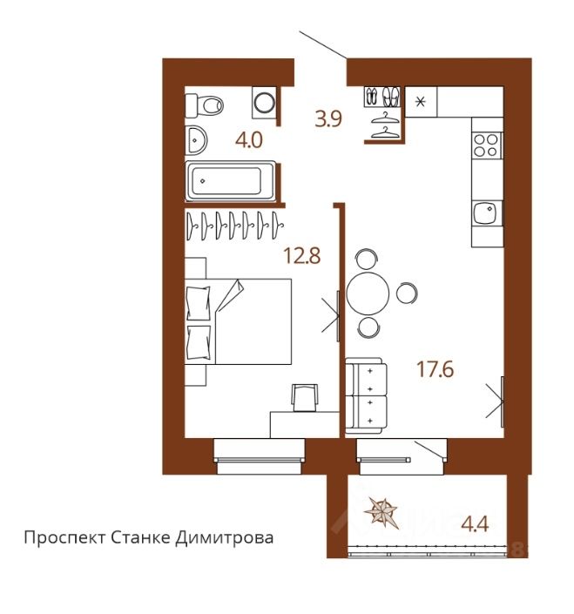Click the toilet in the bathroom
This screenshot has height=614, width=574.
[204, 105]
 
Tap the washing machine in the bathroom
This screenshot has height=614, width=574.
[264, 103]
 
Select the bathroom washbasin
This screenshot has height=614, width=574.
[196, 140]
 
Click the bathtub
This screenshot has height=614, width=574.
[230, 181]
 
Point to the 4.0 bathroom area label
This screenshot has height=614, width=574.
[248, 140]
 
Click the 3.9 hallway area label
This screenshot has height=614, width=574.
[328, 118]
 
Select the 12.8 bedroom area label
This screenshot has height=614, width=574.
[302, 256]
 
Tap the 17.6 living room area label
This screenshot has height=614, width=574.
[435, 369]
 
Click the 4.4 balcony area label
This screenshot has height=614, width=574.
[475, 523]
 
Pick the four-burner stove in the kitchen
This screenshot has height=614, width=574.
[486, 145]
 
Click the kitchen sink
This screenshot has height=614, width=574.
[487, 213]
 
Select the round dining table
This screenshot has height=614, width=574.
[368, 294]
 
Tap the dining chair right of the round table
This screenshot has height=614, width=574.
[407, 293]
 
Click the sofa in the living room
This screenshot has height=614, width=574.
[366, 395]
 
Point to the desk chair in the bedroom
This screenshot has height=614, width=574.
[305, 397]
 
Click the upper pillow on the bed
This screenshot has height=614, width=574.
[198, 303]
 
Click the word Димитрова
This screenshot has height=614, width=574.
[224, 537]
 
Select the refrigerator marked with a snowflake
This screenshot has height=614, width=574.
[421, 102]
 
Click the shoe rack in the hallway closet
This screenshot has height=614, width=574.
[382, 97]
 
